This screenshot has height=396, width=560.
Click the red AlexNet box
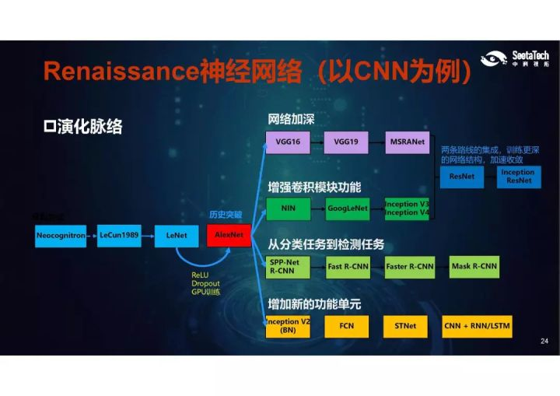pyautogui.click(x=229, y=234)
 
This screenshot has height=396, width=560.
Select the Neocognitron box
pyautogui.click(x=61, y=235)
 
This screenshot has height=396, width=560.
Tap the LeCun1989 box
pyautogui.click(x=119, y=235)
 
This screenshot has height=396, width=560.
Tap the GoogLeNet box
pyautogui.click(x=347, y=209)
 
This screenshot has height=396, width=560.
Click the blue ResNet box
pyautogui.click(x=462, y=177)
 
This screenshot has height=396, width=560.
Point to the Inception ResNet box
pyautogui.click(x=519, y=177)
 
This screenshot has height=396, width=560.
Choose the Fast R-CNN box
pyautogui.click(x=347, y=267)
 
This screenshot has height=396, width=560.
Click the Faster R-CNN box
pyautogui.click(x=409, y=267)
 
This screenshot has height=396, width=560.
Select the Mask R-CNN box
pyautogui.click(x=474, y=267)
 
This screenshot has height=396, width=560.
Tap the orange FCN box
pyautogui.click(x=347, y=326)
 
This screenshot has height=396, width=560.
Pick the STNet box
pyautogui.click(x=405, y=326)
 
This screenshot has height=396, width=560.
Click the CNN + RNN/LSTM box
pyautogui.click(x=478, y=326)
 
